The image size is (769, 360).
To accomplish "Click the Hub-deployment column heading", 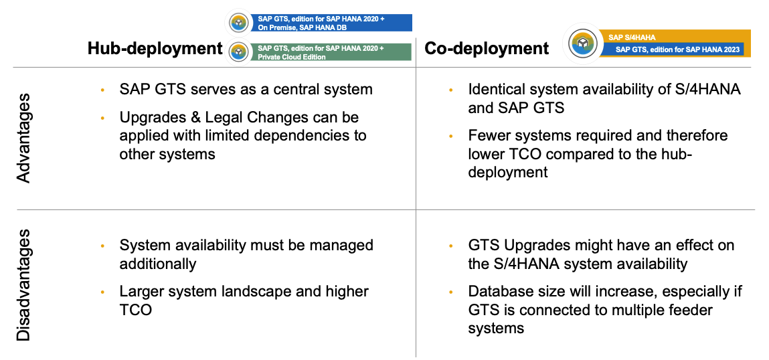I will (x=155, y=48).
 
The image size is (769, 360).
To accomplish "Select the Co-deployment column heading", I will (x=487, y=48).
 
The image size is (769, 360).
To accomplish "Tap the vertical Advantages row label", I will (x=24, y=138).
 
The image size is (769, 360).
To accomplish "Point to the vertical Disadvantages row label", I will (x=24, y=284).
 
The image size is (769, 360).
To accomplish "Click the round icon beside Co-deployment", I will (x=582, y=43).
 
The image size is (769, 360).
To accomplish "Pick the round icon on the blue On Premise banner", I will (x=238, y=23).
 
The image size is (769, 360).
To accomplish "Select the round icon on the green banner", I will (x=238, y=52).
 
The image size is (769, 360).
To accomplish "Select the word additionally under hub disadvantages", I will (x=158, y=264).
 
